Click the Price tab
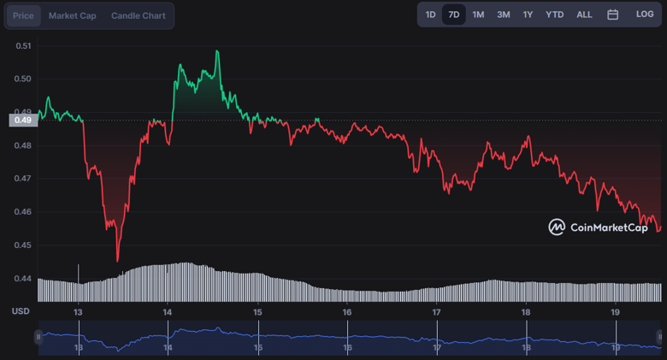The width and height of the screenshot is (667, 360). pyautogui.click(x=23, y=15)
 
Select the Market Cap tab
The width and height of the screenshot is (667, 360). pyautogui.click(x=72, y=15)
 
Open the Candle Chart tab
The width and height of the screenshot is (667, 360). pyautogui.click(x=139, y=15)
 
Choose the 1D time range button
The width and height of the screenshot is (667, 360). pyautogui.click(x=430, y=15)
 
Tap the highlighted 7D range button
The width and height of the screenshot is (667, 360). pyautogui.click(x=454, y=15)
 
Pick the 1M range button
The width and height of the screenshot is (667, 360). pyautogui.click(x=478, y=15)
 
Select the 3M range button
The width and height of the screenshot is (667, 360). pyautogui.click(x=504, y=15)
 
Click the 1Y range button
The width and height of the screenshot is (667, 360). pyautogui.click(x=528, y=15)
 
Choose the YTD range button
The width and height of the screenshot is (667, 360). pyautogui.click(x=555, y=15)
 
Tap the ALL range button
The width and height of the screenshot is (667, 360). pyautogui.click(x=584, y=15)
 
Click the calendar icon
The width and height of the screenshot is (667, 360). pyautogui.click(x=613, y=15)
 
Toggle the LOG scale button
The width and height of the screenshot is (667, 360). pyautogui.click(x=645, y=15)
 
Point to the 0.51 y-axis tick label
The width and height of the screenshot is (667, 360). pyautogui.click(x=23, y=46)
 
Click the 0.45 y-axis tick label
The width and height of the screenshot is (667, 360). pyautogui.click(x=23, y=245)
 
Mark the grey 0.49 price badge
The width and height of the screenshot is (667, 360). pyautogui.click(x=23, y=121)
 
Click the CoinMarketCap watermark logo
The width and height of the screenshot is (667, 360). pyautogui.click(x=598, y=227)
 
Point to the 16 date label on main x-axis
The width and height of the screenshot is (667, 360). pyautogui.click(x=347, y=312)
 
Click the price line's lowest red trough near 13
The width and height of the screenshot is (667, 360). pyautogui.click(x=117, y=260)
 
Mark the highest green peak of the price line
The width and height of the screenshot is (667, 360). pyautogui.click(x=218, y=51)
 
